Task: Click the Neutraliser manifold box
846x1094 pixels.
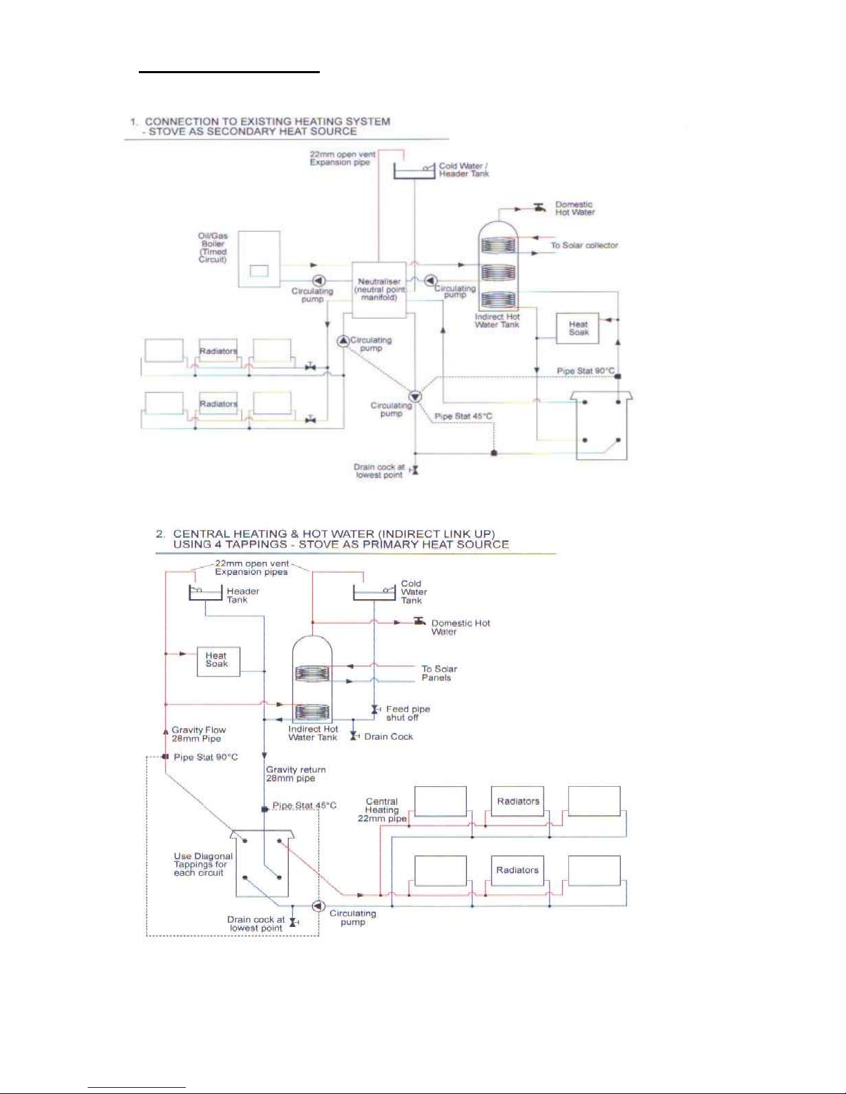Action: [x=378, y=289]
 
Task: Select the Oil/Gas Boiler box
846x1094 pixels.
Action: [x=259, y=259]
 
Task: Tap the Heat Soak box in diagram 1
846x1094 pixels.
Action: [x=577, y=329]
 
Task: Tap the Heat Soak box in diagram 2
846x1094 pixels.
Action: [x=218, y=661]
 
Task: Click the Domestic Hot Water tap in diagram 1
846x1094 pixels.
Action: [x=540, y=208]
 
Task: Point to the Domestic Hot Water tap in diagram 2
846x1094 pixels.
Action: [x=419, y=622]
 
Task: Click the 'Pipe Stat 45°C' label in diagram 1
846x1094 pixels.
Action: [x=463, y=416]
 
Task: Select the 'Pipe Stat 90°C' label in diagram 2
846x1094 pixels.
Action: [x=206, y=757]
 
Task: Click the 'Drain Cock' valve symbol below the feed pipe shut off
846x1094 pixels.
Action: [x=354, y=736]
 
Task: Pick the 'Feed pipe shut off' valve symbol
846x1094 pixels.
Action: [x=375, y=709]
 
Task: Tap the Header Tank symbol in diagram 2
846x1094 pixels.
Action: [x=206, y=593]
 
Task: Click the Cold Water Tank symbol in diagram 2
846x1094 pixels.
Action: [x=374, y=593]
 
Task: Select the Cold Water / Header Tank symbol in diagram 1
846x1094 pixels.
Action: [x=414, y=170]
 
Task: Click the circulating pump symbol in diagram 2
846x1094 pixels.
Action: [x=318, y=906]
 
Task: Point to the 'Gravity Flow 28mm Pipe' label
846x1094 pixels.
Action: [x=199, y=734]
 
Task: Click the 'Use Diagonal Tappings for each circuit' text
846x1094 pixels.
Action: [x=203, y=864]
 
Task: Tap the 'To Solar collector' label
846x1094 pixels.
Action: [x=584, y=245]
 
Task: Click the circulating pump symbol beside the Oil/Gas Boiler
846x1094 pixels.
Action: [x=319, y=280]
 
